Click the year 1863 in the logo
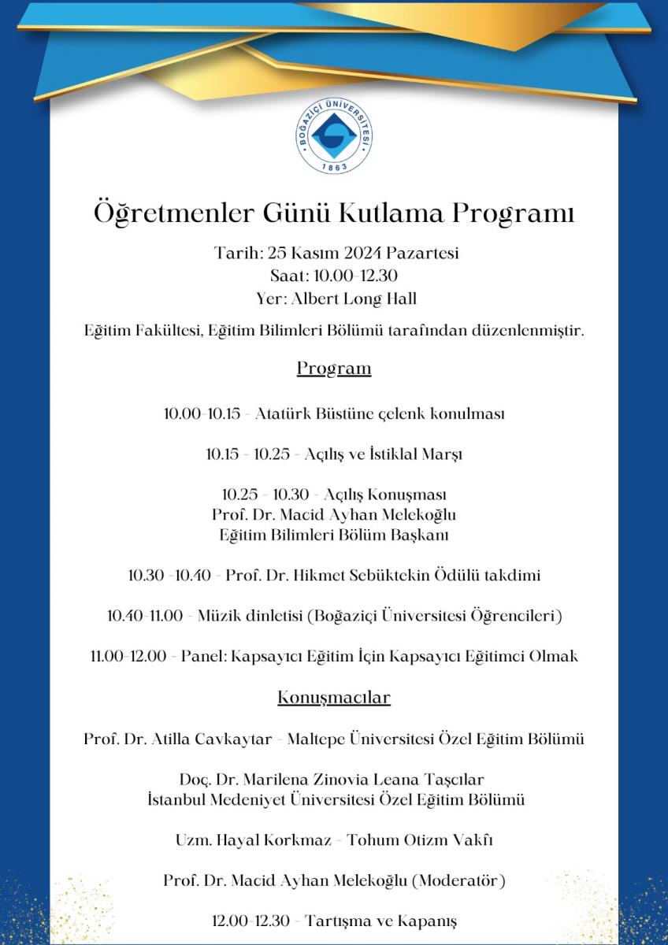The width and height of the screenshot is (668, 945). (x=334, y=167)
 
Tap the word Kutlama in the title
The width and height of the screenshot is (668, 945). (x=399, y=213)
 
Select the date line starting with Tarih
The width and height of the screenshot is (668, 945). (x=336, y=254)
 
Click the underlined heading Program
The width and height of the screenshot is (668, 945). (x=334, y=368)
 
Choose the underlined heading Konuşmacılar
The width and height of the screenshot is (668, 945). (x=334, y=697)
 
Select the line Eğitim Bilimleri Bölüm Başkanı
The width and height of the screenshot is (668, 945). (x=334, y=535)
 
